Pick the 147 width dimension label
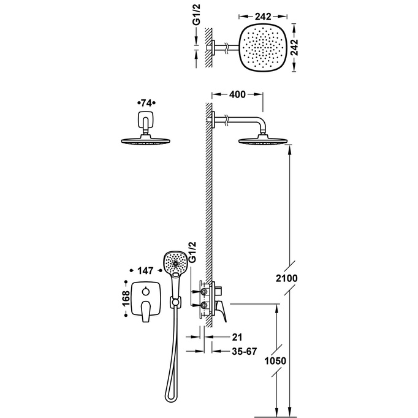146,270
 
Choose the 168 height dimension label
124,298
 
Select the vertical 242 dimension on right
300,48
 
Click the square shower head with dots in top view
264,48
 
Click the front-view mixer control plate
146,298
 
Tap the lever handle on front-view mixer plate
147,311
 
